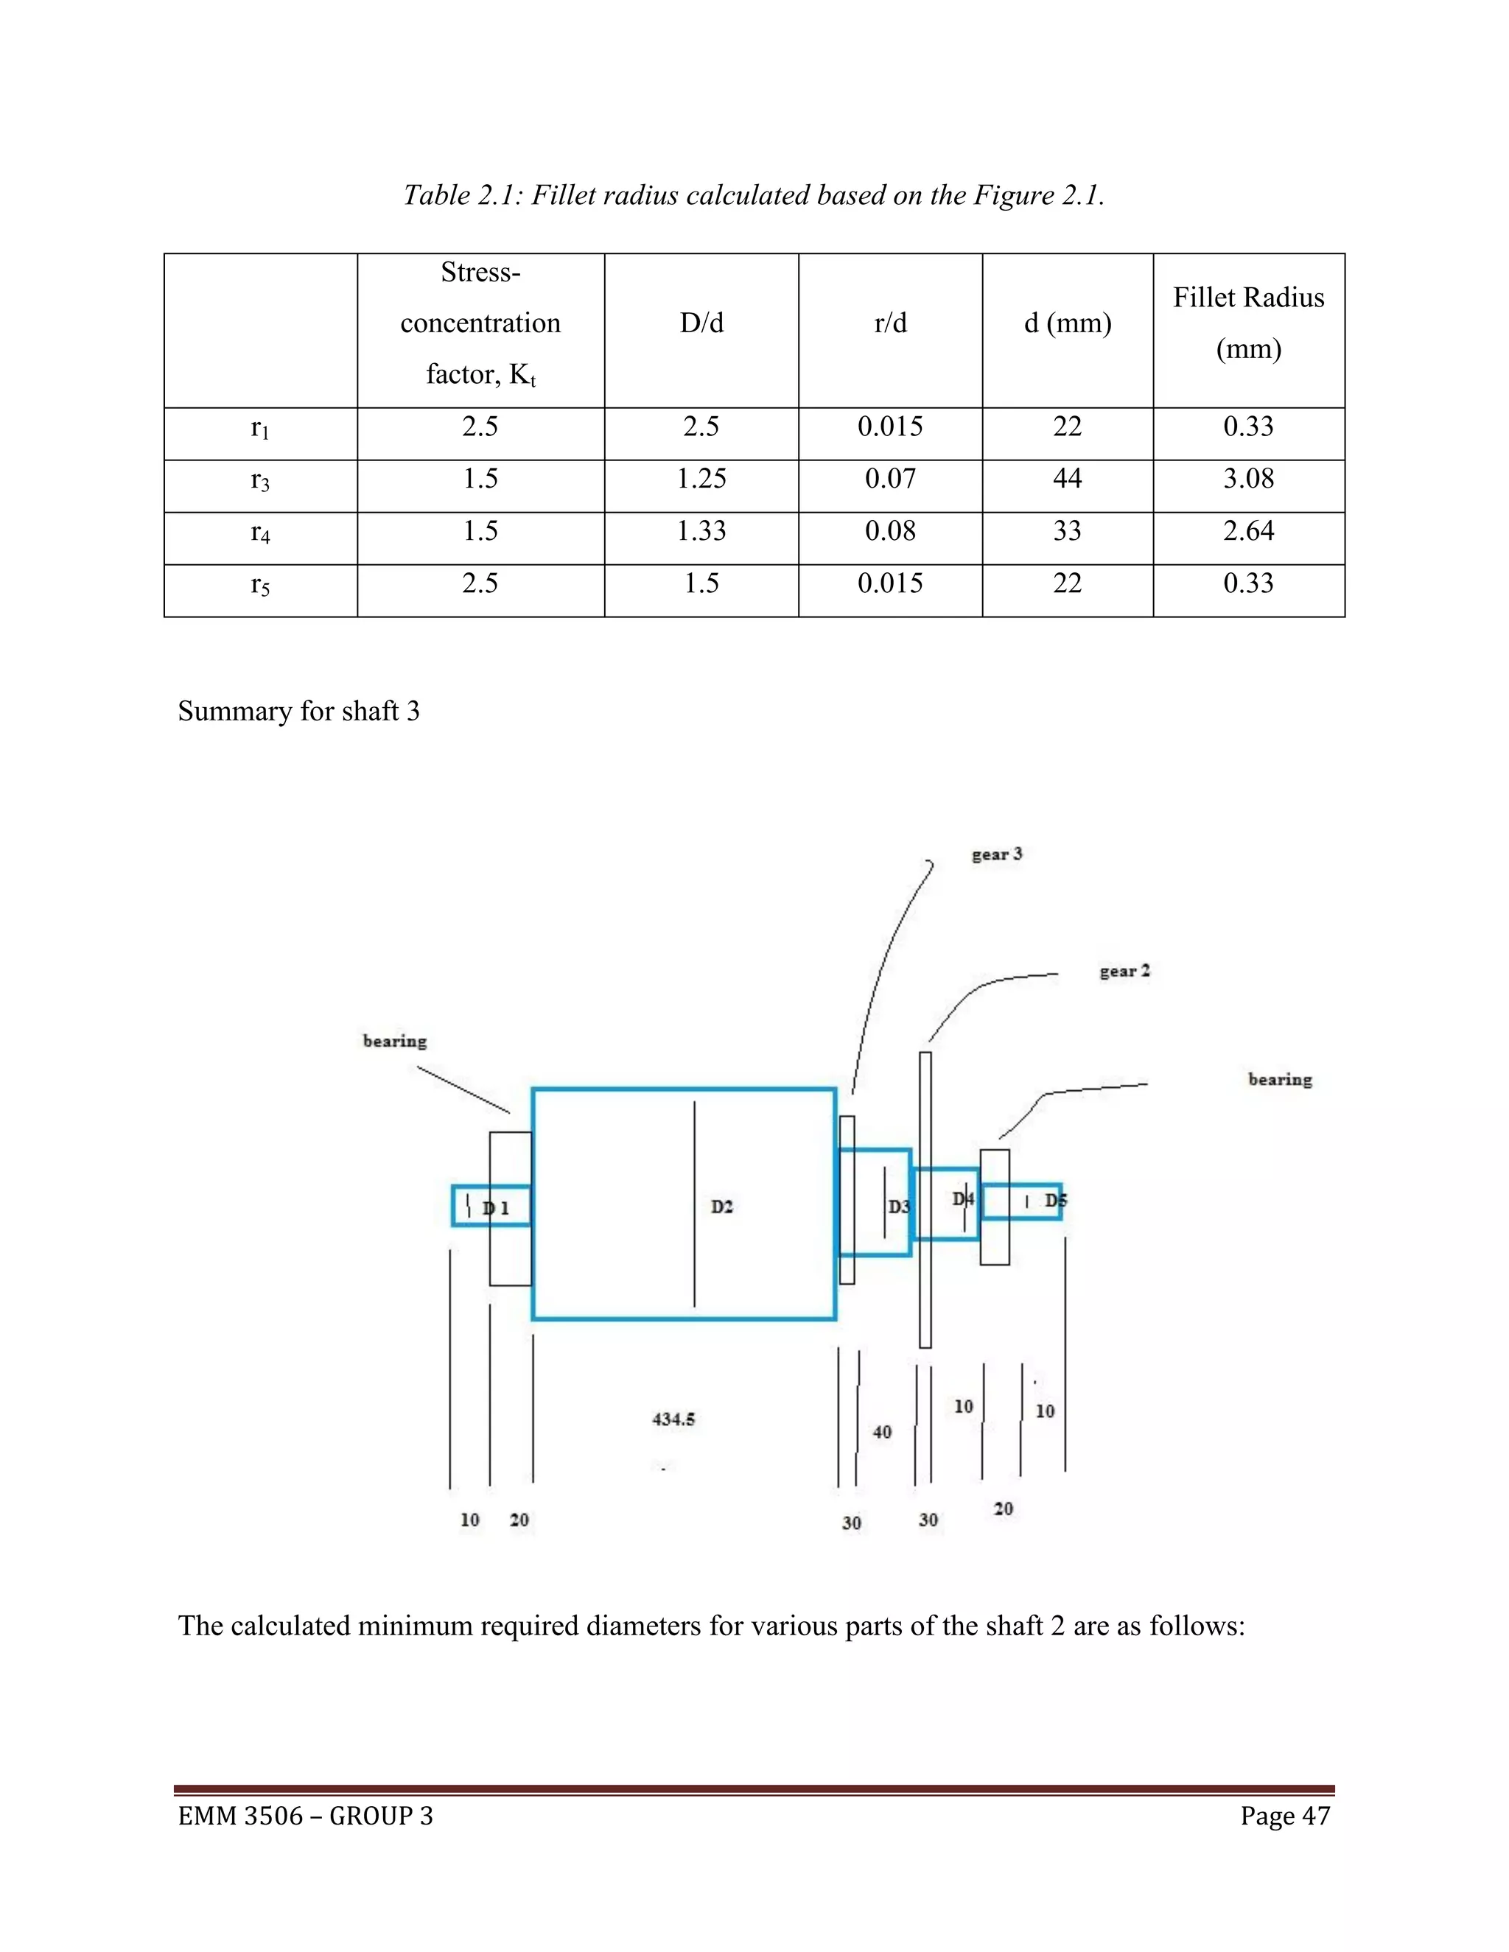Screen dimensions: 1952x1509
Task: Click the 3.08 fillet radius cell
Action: pyautogui.click(x=1248, y=478)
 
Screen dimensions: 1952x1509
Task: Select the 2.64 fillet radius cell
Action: pyautogui.click(x=1248, y=531)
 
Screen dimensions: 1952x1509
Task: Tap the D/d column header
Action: pyautogui.click(x=701, y=323)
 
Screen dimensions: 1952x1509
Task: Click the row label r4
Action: pyautogui.click(x=260, y=532)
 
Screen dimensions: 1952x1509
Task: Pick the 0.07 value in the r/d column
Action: pyautogui.click(x=889, y=478)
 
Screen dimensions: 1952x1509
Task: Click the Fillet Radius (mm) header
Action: pyautogui.click(x=1248, y=323)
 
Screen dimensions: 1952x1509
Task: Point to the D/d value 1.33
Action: pyautogui.click(x=701, y=531)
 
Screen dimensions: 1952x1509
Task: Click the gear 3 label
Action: pyautogui.click(x=997, y=854)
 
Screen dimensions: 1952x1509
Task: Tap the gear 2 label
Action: pyautogui.click(x=1124, y=971)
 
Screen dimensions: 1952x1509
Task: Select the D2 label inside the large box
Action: pyautogui.click(x=721, y=1207)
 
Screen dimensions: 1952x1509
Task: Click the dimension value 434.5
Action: pyautogui.click(x=673, y=1419)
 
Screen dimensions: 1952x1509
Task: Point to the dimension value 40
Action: pyautogui.click(x=881, y=1432)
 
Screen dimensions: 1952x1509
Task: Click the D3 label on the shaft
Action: pyautogui.click(x=898, y=1207)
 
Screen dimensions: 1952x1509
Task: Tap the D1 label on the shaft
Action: pyautogui.click(x=496, y=1208)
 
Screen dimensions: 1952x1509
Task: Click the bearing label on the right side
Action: pyautogui.click(x=1279, y=1079)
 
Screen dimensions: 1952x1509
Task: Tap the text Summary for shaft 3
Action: pyautogui.click(x=298, y=712)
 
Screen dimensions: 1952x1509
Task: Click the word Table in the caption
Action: pyautogui.click(x=435, y=195)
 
